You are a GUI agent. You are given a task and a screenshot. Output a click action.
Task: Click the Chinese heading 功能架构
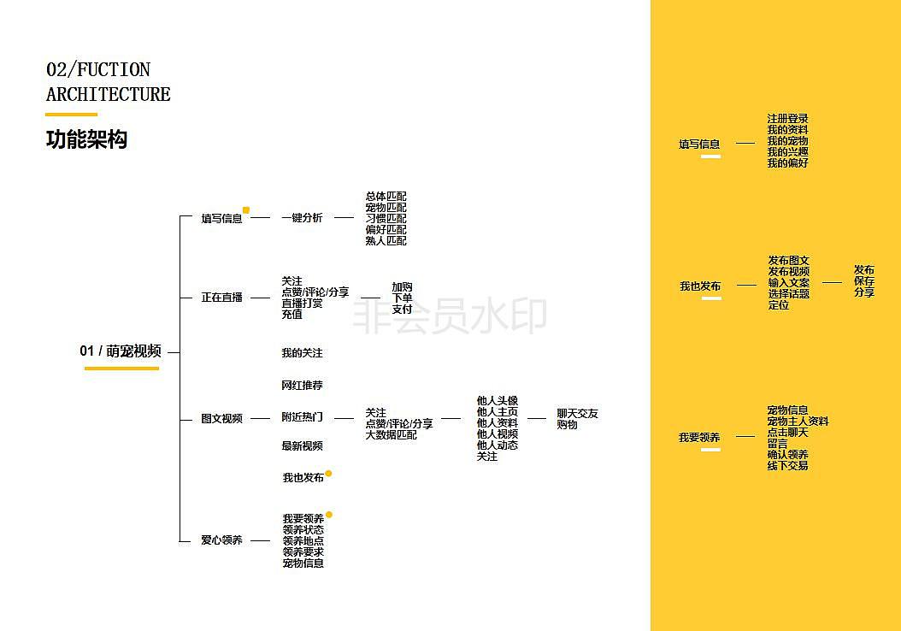[x=87, y=139]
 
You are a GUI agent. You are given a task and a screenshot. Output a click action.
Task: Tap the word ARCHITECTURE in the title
[x=108, y=94]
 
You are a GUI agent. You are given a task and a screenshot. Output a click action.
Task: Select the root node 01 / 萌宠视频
[x=121, y=351]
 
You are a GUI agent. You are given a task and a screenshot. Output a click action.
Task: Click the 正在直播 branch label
[x=221, y=297]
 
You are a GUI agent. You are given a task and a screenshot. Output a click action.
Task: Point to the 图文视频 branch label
[x=221, y=418]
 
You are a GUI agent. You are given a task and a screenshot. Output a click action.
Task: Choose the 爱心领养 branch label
[x=221, y=540]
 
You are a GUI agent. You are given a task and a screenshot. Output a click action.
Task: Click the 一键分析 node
[x=303, y=217]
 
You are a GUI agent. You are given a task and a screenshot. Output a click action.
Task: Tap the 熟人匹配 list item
[x=386, y=241]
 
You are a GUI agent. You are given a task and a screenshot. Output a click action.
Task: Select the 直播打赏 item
[x=303, y=303]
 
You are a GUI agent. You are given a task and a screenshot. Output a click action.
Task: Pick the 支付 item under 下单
[x=403, y=310]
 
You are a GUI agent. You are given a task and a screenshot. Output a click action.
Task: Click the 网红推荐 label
[x=303, y=385]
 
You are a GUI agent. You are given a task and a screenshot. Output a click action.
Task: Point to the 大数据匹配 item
[x=392, y=435]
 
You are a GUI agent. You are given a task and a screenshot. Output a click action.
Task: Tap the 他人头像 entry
[x=498, y=400]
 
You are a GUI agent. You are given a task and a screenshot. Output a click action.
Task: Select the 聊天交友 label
[x=578, y=413]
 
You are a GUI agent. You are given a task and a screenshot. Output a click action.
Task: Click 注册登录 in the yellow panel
[x=788, y=118]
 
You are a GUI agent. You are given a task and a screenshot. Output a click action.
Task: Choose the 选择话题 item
[x=789, y=293]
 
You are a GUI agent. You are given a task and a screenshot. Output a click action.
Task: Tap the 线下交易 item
[x=788, y=465]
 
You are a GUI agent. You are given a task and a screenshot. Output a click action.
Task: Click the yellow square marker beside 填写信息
[x=246, y=210]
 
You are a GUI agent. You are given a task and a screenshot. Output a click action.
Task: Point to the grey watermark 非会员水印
[x=450, y=316]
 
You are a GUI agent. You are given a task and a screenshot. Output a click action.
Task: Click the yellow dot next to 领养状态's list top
[x=328, y=515]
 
